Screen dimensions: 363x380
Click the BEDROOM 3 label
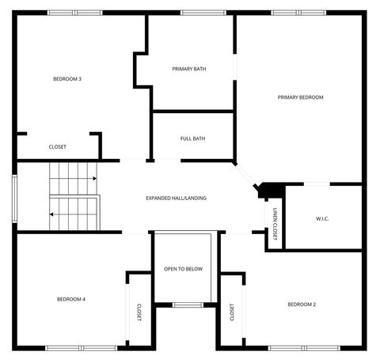click(67, 78)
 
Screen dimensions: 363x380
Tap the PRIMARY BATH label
click(189, 69)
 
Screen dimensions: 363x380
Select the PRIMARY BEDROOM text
click(300, 97)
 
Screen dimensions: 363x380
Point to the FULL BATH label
click(192, 138)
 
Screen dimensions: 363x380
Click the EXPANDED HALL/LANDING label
click(176, 198)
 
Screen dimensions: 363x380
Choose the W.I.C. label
click(322, 218)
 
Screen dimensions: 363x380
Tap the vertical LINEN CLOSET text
click(275, 224)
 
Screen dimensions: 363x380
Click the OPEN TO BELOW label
click(183, 269)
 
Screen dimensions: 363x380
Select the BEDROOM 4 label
click(70, 299)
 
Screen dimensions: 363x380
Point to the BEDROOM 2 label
click(302, 304)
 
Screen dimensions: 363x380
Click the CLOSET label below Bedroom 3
click(58, 147)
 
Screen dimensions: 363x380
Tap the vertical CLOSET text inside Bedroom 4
click(139, 312)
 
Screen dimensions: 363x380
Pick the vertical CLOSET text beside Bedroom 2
click(232, 312)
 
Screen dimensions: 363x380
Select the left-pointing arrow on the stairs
click(52, 214)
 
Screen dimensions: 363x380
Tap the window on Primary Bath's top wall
click(192, 13)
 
